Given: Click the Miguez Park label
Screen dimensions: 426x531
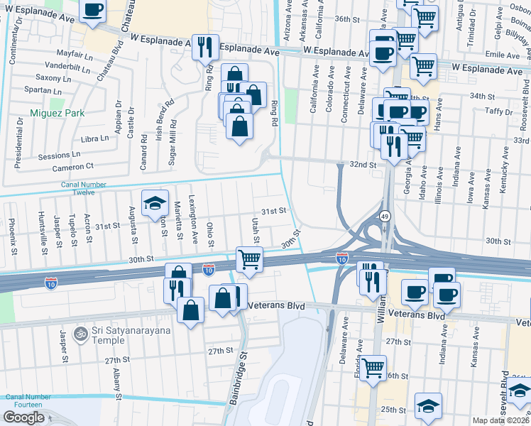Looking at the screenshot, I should click(58, 113).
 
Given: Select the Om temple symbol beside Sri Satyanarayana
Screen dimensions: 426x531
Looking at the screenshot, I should click(82, 331).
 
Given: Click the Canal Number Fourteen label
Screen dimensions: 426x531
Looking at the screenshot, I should click(28, 400).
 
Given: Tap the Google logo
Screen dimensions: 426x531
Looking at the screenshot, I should click(23, 417).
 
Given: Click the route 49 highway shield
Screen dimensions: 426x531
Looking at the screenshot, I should click(384, 216).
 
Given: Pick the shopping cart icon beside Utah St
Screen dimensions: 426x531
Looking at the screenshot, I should click(249, 259).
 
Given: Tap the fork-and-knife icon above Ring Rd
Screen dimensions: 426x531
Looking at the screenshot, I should click(204, 47).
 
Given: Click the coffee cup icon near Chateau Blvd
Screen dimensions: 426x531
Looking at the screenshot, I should click(92, 11).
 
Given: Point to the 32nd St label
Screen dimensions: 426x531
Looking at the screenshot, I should click(362, 164).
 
